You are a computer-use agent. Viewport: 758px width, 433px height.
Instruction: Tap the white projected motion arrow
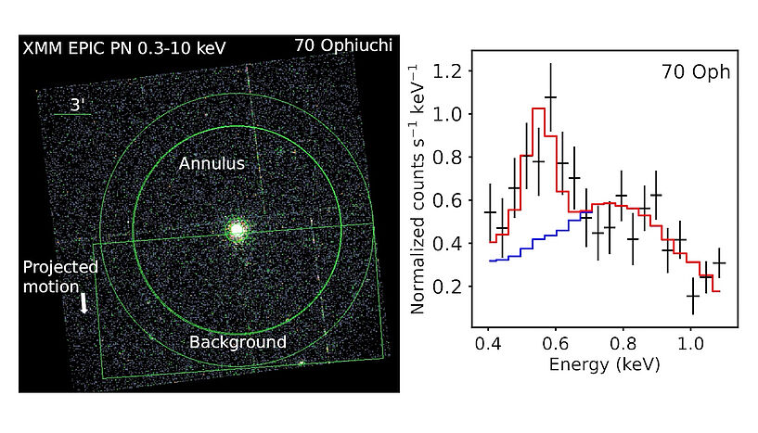click(84, 304)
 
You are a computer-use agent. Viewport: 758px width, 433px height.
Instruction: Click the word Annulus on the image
click(212, 163)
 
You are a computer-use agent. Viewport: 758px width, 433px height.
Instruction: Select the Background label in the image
click(238, 342)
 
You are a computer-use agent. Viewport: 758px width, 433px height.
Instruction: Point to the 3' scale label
click(78, 104)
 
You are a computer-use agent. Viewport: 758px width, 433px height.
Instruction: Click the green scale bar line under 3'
click(72, 115)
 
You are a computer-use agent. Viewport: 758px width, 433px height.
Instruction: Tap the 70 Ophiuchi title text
click(341, 45)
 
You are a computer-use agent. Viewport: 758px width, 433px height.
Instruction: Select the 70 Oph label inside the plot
click(695, 70)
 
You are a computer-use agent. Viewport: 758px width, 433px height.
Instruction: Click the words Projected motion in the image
click(61, 276)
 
